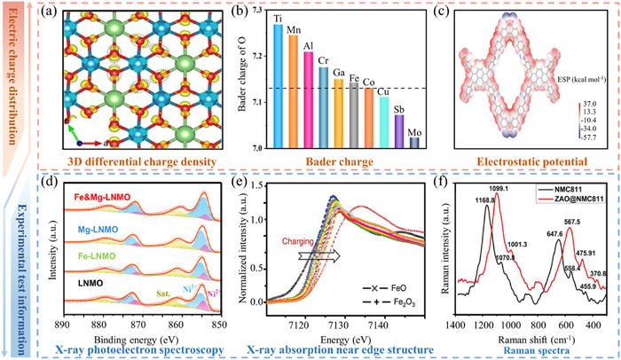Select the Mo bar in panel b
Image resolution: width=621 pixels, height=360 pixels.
389,143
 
